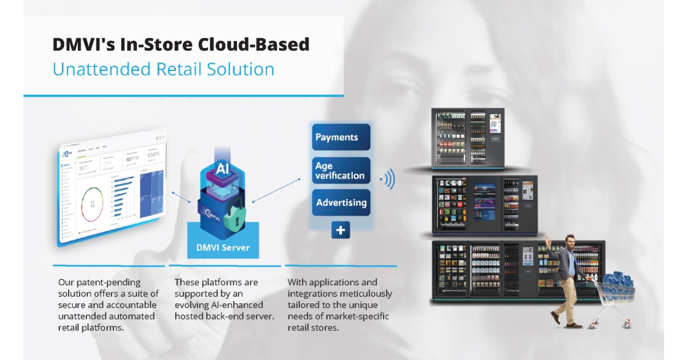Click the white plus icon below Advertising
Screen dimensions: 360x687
341,230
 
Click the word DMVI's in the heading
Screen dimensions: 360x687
84,45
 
